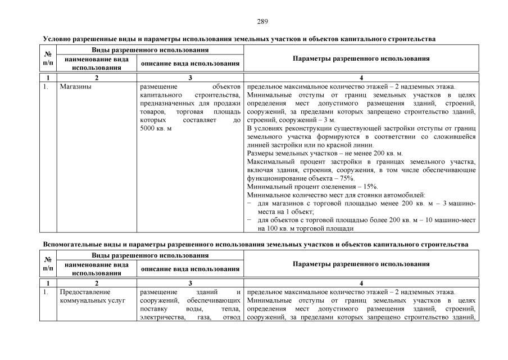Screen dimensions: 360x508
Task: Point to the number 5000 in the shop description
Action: (148, 128)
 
